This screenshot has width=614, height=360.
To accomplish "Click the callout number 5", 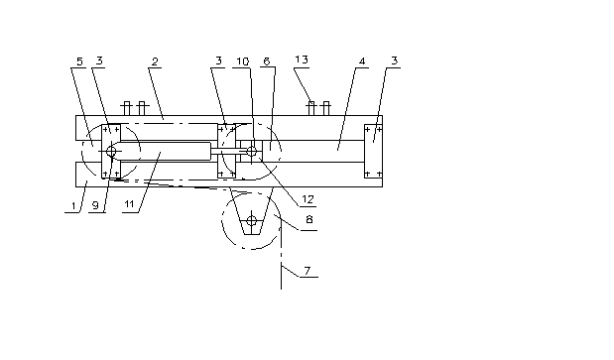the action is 79,61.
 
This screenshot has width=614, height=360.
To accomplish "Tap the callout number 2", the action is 155,61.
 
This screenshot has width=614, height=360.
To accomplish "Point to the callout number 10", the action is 242,61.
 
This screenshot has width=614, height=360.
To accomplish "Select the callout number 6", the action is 267,61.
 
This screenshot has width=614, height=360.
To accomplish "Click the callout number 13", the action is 302,60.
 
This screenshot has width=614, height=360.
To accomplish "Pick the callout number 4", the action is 362,61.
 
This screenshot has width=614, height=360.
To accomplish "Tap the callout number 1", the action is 73,206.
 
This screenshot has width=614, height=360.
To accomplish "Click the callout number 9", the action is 95,205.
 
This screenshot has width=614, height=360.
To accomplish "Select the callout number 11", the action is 129,204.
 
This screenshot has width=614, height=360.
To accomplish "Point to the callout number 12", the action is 307,199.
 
